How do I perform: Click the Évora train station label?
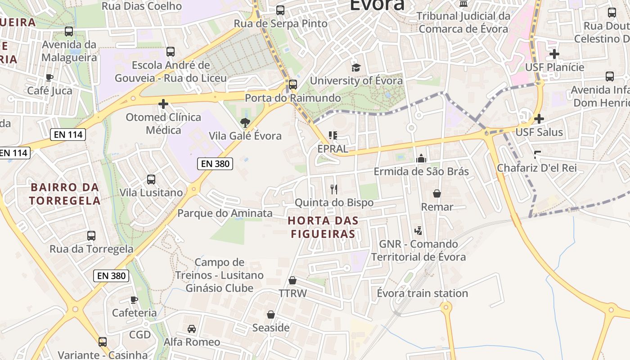tap(423, 293)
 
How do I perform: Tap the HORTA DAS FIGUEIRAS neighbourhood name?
tap(323, 227)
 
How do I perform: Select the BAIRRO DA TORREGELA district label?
tap(64, 193)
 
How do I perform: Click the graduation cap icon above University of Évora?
tap(356, 67)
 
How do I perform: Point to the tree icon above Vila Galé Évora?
tap(245, 122)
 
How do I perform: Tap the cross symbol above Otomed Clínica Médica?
tap(163, 104)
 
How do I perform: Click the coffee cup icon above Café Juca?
tap(49, 77)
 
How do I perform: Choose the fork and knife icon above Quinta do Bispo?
tap(333, 189)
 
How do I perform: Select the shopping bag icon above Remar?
tap(436, 193)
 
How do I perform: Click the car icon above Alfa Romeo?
tap(192, 329)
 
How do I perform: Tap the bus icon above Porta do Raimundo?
tap(293, 84)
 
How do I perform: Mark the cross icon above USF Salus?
tap(539, 119)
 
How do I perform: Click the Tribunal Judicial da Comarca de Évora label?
tap(463, 22)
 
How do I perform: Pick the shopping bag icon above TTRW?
tap(292, 280)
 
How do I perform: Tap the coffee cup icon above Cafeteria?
tap(134, 300)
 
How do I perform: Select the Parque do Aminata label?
tap(225, 213)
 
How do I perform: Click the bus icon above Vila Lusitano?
tap(151, 180)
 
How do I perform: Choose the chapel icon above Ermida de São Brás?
tap(421, 158)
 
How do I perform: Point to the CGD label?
tap(140, 335)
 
